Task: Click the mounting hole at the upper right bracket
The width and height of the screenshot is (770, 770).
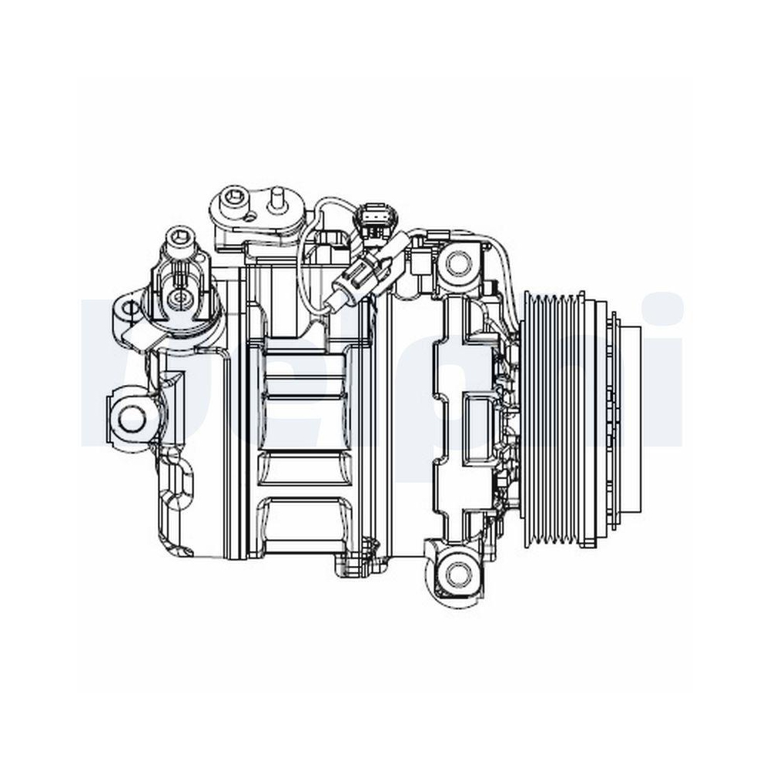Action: point(457,262)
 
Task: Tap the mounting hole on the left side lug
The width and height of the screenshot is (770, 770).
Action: point(132,417)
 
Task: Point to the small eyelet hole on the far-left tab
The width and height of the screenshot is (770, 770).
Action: point(129,309)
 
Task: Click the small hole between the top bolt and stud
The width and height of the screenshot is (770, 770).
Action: point(250,216)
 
